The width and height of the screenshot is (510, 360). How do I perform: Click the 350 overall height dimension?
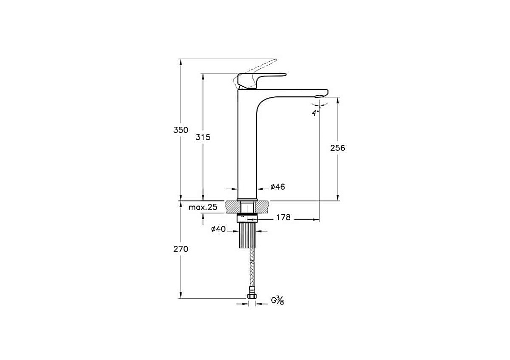[181, 130]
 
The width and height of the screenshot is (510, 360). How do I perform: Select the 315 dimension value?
[203, 137]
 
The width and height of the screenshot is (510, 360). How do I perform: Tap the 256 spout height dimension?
[338, 148]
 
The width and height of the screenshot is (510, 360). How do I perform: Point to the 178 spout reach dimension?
[283, 217]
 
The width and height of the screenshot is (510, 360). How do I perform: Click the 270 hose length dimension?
[181, 249]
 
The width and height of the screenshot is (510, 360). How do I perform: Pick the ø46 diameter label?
[278, 187]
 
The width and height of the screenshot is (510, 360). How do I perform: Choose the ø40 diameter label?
[218, 229]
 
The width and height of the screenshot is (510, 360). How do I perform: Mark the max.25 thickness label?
[202, 207]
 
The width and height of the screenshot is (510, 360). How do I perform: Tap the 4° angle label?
[316, 113]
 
